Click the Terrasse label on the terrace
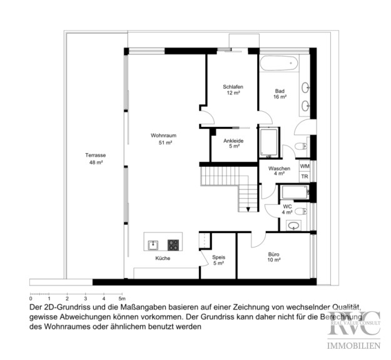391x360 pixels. [96, 155]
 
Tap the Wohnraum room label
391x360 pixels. [163, 136]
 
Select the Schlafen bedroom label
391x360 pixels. [233, 87]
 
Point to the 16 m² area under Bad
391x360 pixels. [280, 97]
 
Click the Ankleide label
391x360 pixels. [233, 141]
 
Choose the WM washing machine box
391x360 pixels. [305, 166]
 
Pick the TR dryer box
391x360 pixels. [305, 177]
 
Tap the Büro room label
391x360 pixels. [273, 254]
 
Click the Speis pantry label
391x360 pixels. [218, 257]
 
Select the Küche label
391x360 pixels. [163, 258]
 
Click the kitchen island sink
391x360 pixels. [153, 245]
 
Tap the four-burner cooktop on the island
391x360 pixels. [173, 245]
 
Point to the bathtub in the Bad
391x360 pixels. [279, 63]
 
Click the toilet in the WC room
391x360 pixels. [300, 211]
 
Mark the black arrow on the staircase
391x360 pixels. [248, 209]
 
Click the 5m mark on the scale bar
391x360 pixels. [122, 299]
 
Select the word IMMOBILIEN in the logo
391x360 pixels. [353, 346]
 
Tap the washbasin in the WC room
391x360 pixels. [293, 226]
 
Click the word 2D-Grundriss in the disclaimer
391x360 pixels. [63, 307]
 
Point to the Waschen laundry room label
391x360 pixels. [279, 168]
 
